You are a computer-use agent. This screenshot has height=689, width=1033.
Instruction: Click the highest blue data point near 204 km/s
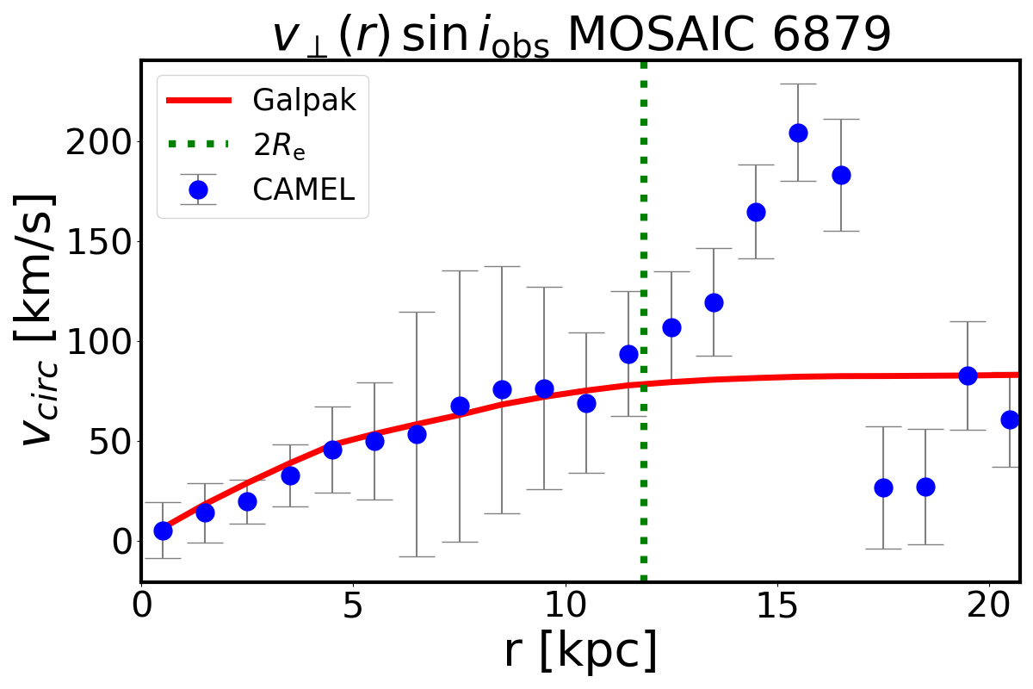(x=798, y=133)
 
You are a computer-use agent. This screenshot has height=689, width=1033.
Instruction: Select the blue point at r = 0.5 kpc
(x=163, y=531)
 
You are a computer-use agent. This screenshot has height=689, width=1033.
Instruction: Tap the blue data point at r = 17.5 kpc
(x=883, y=487)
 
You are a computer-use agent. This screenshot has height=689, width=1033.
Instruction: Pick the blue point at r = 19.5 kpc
(x=968, y=376)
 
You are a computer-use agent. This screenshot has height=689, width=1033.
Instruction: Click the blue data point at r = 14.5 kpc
(x=756, y=212)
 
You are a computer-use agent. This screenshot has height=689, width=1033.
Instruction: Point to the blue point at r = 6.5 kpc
(x=417, y=434)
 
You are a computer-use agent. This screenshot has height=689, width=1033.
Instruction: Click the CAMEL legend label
(x=303, y=189)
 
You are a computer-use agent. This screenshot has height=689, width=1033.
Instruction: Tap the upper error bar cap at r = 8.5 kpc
(x=502, y=266)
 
